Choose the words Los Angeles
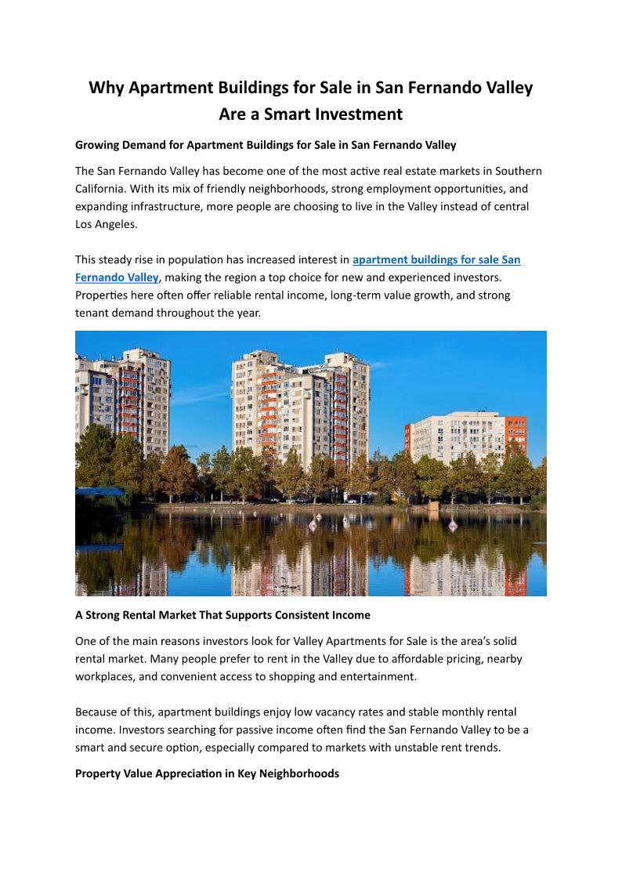click(107, 225)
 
